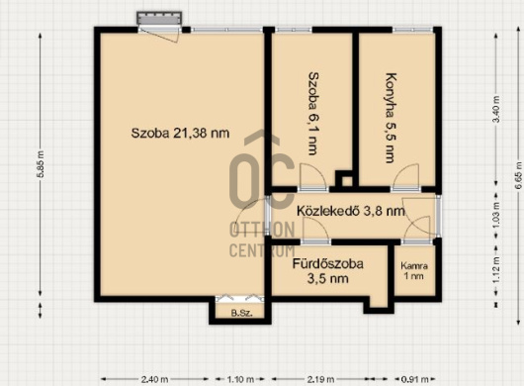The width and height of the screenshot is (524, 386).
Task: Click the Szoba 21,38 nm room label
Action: coord(180,134)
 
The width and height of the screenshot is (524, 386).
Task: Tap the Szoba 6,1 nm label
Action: coord(312,114)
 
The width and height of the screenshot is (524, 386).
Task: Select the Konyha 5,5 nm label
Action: coord(390,118)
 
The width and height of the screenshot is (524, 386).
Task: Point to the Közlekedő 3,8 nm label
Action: coord(351,211)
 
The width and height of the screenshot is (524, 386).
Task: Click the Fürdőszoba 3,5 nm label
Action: coord(328,271)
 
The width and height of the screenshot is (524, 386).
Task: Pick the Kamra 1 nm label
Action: coord(414,271)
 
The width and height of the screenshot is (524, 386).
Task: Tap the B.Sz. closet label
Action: coord(241,314)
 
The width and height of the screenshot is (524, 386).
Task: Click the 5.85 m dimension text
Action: coord(41,164)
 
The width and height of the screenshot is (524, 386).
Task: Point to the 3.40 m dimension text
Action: coord(496,110)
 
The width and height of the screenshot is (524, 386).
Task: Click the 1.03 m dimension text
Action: coord(496,215)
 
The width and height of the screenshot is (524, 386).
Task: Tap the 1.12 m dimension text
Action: coord(496,270)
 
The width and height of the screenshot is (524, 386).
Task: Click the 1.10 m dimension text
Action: coord(240,380)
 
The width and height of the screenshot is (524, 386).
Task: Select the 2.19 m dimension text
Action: coord(320,380)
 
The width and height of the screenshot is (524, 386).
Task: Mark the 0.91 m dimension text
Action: coord(414,380)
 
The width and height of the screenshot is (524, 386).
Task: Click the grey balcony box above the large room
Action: coord(159,18)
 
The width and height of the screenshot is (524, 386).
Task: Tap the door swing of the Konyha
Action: coord(406,175)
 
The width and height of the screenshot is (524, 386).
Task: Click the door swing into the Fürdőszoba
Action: coord(315,228)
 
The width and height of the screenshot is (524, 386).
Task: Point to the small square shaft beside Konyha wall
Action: coord(344,179)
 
